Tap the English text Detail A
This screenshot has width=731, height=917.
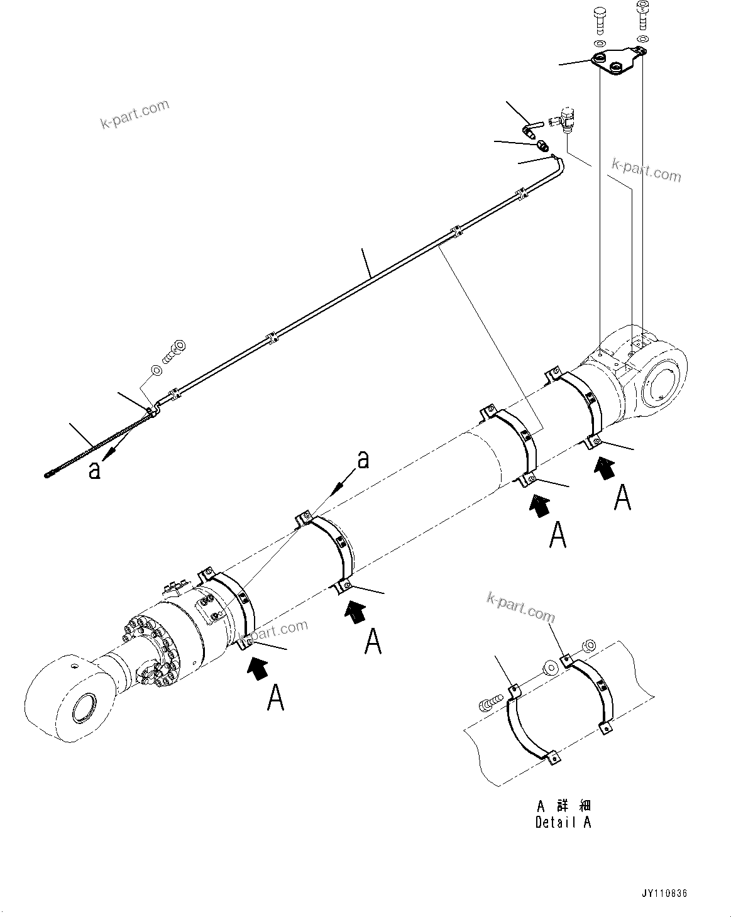(x=563, y=821)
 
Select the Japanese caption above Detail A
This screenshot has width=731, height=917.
(x=563, y=806)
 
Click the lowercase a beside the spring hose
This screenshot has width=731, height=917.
(x=94, y=470)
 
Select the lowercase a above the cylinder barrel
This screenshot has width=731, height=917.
(x=363, y=461)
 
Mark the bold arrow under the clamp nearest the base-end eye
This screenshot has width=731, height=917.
(x=605, y=468)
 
